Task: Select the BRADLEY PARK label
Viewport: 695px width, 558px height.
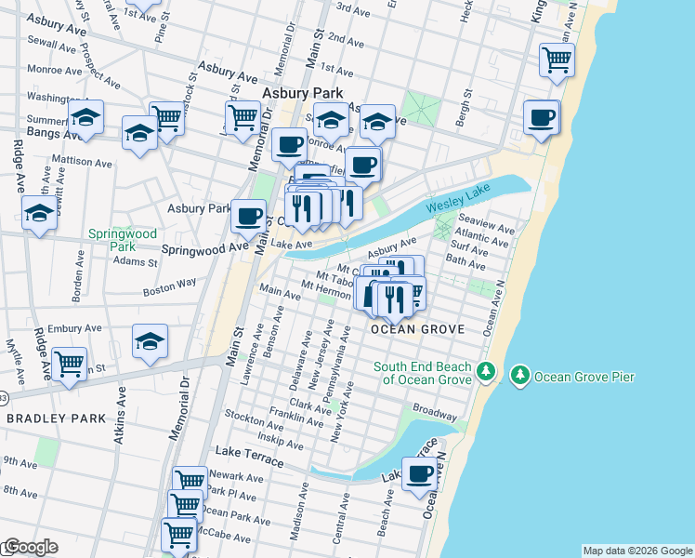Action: (x=57, y=418)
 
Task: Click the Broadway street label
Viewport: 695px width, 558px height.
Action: (x=434, y=409)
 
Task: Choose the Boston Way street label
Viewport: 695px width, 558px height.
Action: (x=169, y=291)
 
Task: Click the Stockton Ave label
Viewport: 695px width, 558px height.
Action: (x=247, y=420)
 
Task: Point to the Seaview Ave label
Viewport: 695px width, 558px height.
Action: (x=486, y=228)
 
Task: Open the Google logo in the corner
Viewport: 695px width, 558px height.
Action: (x=30, y=548)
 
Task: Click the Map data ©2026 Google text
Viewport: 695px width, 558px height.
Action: (x=636, y=551)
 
